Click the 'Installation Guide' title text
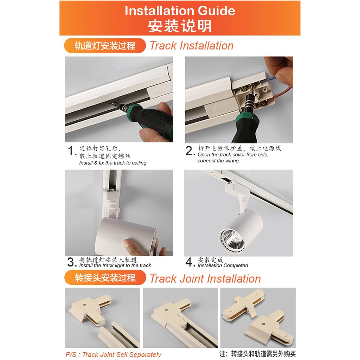pos(180,11)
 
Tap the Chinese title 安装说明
pos(180,26)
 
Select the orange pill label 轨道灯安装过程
pos(105,45)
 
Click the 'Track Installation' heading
pos(192,45)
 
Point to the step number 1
pos(71,151)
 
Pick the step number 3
pos(71,262)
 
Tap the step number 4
pos(189,262)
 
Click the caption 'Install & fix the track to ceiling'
pos(113,163)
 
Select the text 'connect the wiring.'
pos(219,161)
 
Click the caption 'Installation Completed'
pos(223,265)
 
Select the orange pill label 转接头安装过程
pos(105,278)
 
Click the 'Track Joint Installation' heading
pos(205,279)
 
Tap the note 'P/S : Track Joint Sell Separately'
pos(114,354)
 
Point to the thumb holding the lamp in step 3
pos(133,247)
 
